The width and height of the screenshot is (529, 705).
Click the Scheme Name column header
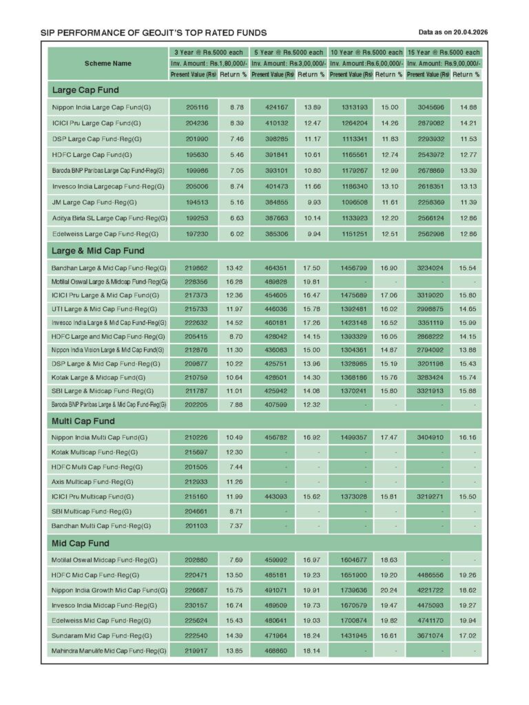108,63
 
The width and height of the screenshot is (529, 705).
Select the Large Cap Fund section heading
85,90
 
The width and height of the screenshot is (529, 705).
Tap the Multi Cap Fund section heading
83,421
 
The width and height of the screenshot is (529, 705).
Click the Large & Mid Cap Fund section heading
98,251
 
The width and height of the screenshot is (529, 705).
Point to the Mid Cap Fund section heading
81,544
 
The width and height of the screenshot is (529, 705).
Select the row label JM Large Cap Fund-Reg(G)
94,202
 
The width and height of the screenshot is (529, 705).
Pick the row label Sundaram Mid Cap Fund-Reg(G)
101,635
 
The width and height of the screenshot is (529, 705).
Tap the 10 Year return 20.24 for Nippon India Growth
389,590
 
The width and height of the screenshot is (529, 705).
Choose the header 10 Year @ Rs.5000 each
366,52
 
